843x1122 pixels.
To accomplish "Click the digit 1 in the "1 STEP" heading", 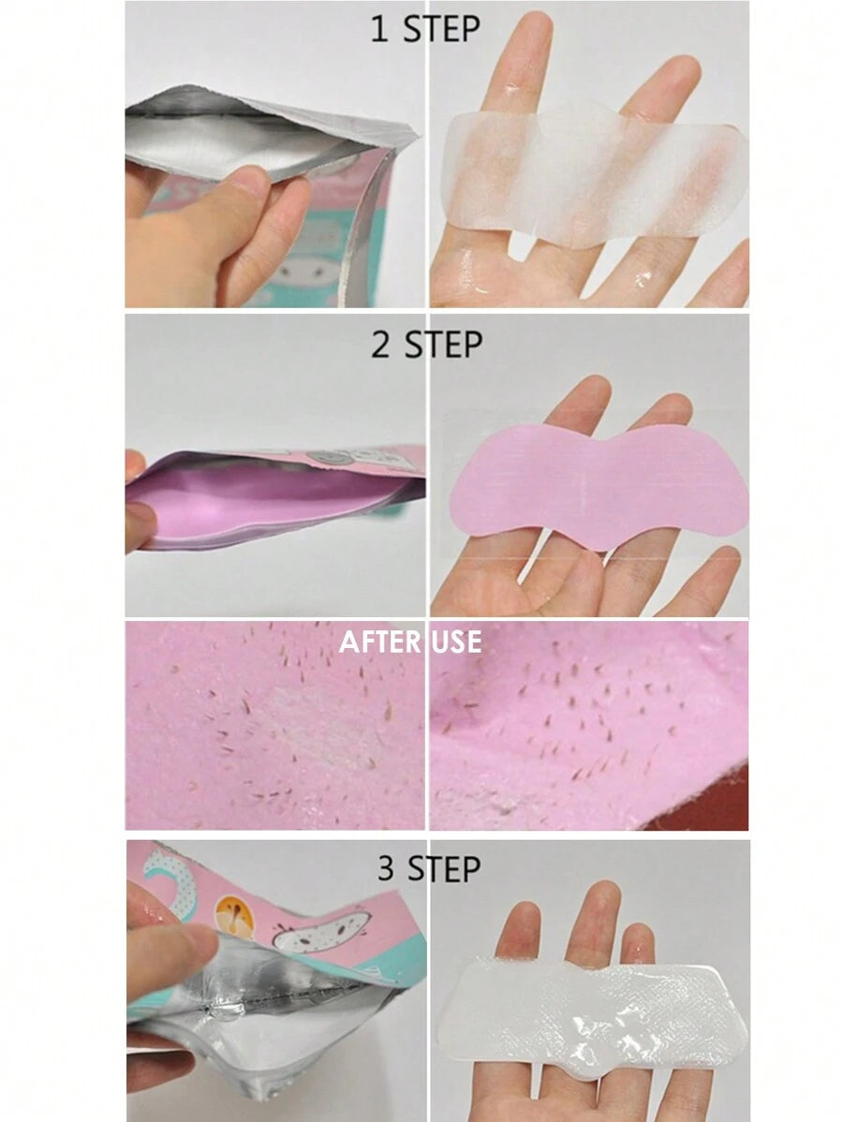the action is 380,29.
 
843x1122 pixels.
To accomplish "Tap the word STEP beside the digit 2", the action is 443,344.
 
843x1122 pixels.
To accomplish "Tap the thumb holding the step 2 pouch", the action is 140,526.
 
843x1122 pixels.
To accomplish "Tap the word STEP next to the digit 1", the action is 441,29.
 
